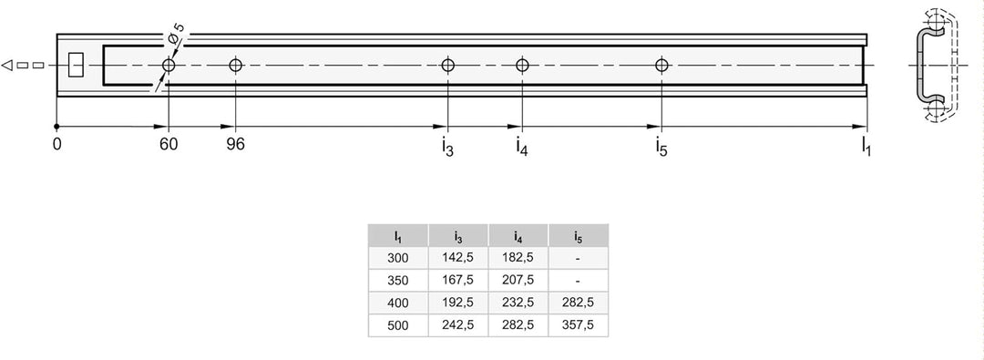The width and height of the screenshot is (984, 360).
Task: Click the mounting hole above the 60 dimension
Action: tap(169, 65)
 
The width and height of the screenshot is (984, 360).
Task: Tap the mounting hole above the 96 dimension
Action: tap(235, 65)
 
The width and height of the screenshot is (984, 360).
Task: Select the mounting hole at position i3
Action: tap(447, 65)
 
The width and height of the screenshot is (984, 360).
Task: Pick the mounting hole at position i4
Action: tap(522, 65)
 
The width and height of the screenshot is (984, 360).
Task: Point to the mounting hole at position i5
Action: tap(661, 65)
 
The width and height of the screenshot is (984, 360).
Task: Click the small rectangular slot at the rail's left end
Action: tap(76, 65)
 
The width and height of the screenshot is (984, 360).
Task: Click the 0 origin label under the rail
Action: tap(57, 145)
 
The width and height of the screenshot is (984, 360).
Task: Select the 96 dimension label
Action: tap(235, 145)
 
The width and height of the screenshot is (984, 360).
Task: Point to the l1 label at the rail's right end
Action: tap(866, 146)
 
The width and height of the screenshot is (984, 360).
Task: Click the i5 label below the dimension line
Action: tap(661, 146)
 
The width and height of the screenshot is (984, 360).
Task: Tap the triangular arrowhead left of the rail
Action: tap(7, 65)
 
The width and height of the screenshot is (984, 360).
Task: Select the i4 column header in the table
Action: tap(518, 236)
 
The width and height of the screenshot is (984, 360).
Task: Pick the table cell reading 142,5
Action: tap(458, 258)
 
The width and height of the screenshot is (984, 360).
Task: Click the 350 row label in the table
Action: tap(398, 280)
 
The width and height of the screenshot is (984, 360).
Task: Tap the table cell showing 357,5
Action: tap(578, 325)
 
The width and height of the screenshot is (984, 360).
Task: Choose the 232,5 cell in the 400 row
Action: tap(518, 303)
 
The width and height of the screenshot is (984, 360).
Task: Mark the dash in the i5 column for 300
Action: tap(578, 258)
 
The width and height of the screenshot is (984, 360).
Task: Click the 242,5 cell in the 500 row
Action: tap(458, 325)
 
